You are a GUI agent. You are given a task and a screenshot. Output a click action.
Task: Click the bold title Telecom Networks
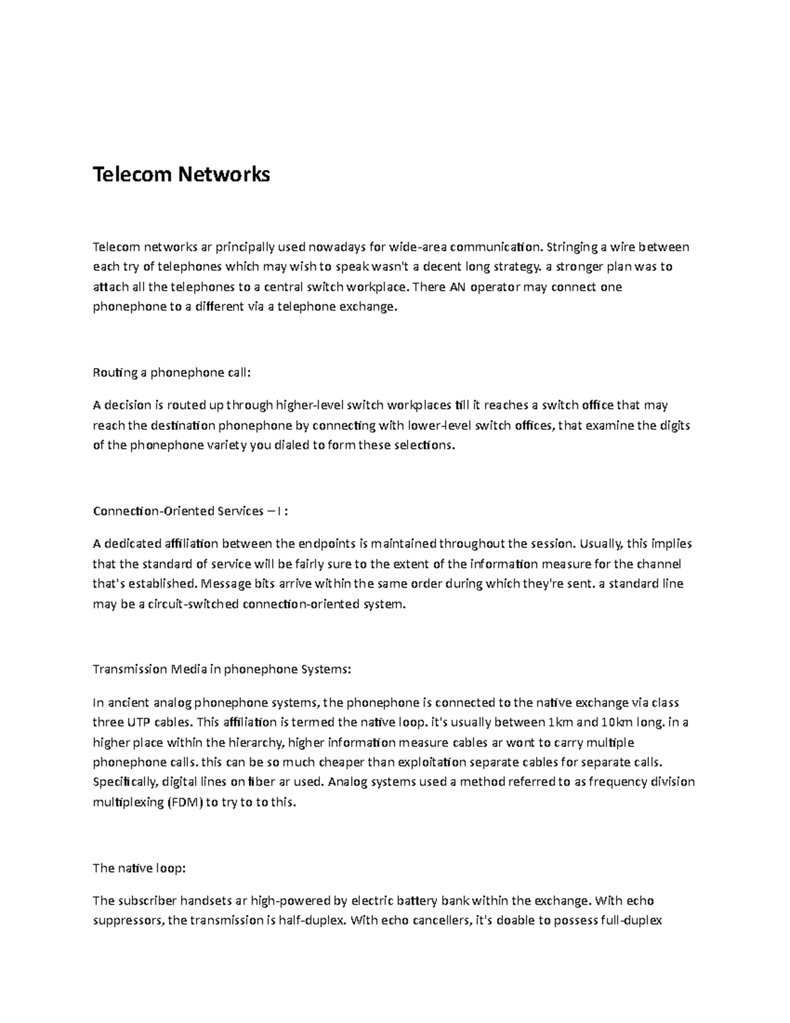[181, 175]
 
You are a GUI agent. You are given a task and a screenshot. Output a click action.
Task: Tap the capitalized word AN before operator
[456, 287]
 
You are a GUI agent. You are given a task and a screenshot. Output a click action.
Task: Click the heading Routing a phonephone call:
[172, 373]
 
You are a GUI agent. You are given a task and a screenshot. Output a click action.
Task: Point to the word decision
[128, 406]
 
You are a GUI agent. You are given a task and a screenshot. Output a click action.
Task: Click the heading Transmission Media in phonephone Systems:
[223, 669]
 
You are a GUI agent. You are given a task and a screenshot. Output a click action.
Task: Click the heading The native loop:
[140, 868]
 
